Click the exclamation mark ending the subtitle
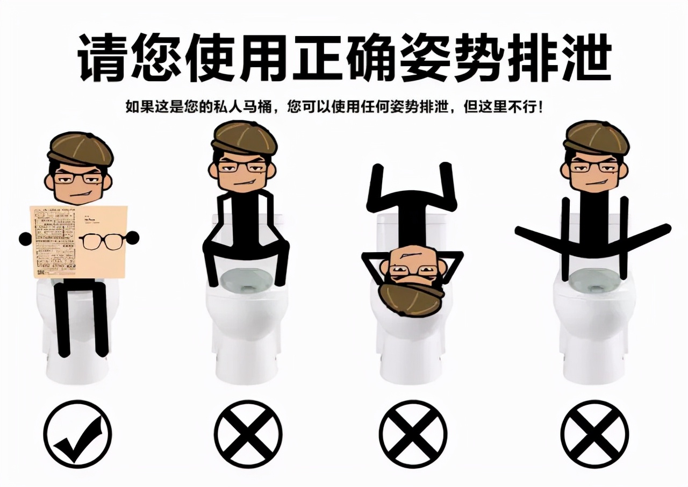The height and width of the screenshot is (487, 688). tap(540, 107)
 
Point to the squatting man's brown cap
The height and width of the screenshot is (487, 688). tap(244, 137)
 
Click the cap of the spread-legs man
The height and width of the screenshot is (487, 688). tap(596, 137)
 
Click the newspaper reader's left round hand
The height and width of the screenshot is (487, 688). tap(25, 239)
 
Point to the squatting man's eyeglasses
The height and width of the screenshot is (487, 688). tap(245, 167)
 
